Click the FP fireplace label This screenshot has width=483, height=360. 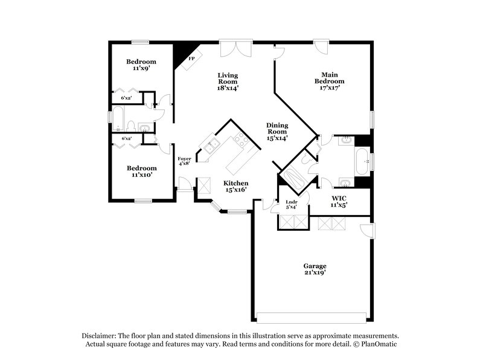coord(191,59)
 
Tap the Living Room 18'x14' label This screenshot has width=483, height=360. coord(228,82)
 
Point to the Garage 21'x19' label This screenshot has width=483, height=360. coord(315,269)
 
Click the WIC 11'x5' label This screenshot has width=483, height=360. coord(338,201)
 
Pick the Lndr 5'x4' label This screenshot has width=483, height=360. coord(283,205)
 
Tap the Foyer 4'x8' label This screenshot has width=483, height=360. coord(184,161)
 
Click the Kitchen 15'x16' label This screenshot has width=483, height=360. coord(236,187)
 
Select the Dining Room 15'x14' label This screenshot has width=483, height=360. coord(277,132)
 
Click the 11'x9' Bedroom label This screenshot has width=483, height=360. coord(141,65)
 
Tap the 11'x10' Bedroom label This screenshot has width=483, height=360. coord(141,172)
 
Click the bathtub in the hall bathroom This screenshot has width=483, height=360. coord(119,120)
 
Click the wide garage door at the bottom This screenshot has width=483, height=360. coord(312,318)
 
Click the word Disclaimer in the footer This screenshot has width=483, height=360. coord(100,335)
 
